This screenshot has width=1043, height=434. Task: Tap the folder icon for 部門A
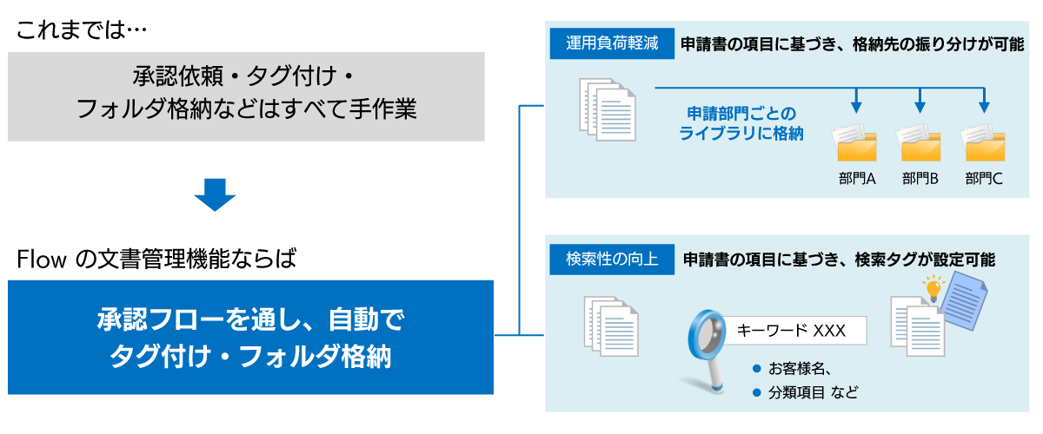click(x=857, y=143)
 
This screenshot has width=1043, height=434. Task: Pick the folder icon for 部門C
click(x=983, y=143)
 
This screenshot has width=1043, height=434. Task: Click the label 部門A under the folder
click(x=857, y=179)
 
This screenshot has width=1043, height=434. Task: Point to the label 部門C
click(x=983, y=179)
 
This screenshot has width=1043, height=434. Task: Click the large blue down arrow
click(x=216, y=194)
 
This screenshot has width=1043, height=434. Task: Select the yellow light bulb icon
click(x=933, y=287)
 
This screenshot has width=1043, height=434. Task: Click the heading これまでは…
click(x=83, y=30)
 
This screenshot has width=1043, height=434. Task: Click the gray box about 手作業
click(x=246, y=95)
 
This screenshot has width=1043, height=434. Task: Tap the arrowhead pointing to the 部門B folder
click(x=920, y=107)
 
